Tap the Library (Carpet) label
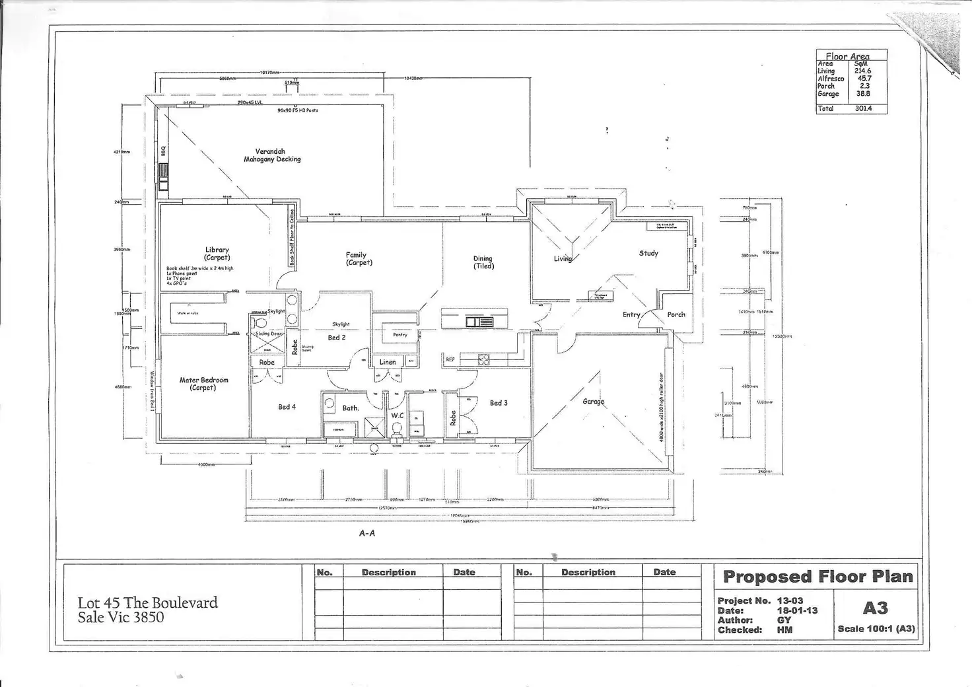tap(217, 254)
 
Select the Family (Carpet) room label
tap(357, 258)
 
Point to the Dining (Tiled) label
tap(483, 262)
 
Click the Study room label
tap(648, 253)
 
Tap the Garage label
tap(593, 402)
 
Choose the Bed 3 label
tap(499, 403)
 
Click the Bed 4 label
tap(287, 407)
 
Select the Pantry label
tap(400, 335)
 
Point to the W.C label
tap(397, 416)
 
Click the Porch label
tap(676, 314)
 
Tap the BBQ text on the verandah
tap(163, 151)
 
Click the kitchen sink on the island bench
tap(479, 322)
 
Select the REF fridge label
tap(450, 359)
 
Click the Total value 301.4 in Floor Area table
tap(863, 108)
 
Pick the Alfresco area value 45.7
tap(864, 79)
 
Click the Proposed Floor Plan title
tap(818, 577)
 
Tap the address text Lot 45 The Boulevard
tap(148, 602)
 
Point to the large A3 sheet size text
tap(876, 608)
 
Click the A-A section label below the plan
tap(367, 533)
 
